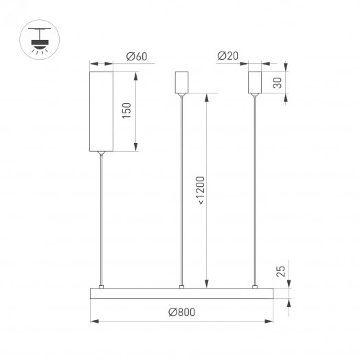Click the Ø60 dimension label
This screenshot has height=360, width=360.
coord(137,57)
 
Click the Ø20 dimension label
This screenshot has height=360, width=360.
coord(227,57)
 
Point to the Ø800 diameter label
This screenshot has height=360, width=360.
coord(181,312)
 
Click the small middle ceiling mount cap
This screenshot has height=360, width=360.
coord(182,82)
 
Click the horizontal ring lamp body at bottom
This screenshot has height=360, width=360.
coord(181,294)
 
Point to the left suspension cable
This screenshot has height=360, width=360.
coord(101,220)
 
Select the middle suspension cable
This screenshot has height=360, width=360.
coord(182,192)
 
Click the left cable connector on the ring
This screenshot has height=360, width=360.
coord(101,286)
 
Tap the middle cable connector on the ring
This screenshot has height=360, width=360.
coord(182,286)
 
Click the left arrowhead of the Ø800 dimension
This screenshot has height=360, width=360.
coord(94,321)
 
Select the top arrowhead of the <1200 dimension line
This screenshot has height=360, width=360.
coord(207,97)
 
